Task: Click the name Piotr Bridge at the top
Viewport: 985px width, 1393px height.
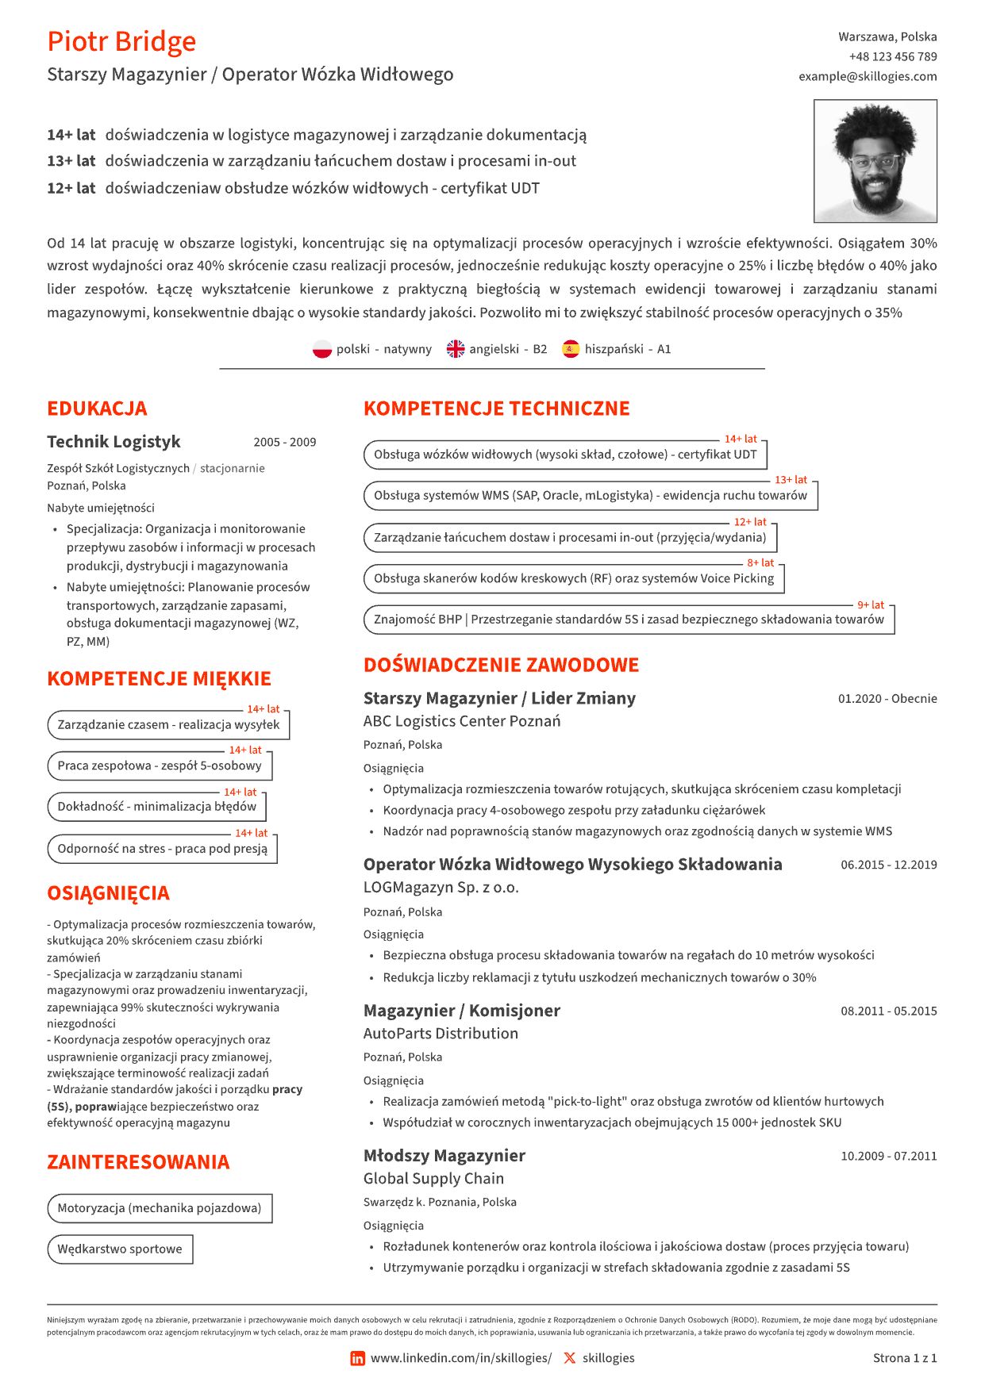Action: coord(121,41)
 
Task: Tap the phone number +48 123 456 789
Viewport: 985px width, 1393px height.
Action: coord(892,56)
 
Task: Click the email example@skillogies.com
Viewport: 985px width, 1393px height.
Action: coord(868,76)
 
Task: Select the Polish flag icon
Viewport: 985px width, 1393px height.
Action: coord(321,349)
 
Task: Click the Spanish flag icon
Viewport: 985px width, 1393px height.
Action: coord(571,349)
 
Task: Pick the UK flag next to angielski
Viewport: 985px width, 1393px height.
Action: coord(456,349)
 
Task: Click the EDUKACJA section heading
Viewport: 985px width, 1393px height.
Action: coord(97,409)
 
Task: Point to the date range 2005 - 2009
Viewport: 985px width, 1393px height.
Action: coord(284,443)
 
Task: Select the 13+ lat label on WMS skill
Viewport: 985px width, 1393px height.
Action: coord(791,480)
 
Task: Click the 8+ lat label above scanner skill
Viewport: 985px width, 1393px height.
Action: coord(760,563)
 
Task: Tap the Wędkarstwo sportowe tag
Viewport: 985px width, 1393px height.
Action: coord(120,1249)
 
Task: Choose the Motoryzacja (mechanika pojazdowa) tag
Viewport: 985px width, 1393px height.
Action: coord(160,1208)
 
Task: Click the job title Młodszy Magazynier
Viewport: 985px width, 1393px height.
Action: coord(444,1156)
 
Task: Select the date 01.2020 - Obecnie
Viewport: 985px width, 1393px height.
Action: coord(887,699)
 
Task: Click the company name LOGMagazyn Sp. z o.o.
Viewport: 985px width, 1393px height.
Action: coord(441,888)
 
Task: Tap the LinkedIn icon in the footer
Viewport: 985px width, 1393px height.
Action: coord(358,1359)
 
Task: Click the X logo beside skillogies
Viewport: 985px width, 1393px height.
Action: coord(569,1359)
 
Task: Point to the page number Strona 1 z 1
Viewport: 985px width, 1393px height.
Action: coord(904,1358)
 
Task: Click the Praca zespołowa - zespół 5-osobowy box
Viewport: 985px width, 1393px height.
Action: coord(159,766)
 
